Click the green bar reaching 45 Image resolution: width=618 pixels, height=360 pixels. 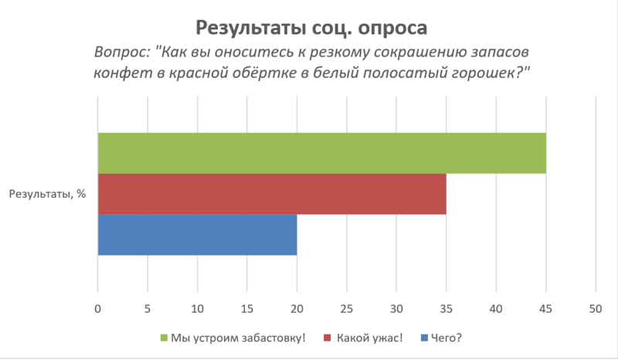tap(321, 153)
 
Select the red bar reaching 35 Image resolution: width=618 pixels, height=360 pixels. tap(272, 193)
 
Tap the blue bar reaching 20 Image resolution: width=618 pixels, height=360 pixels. tap(197, 234)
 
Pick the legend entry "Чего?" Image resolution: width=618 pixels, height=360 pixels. tap(448, 337)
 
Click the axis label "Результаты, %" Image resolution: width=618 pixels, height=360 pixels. tap(47, 194)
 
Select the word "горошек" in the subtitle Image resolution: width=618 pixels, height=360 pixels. tap(486, 73)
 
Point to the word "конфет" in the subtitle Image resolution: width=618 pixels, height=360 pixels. tap(117, 73)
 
